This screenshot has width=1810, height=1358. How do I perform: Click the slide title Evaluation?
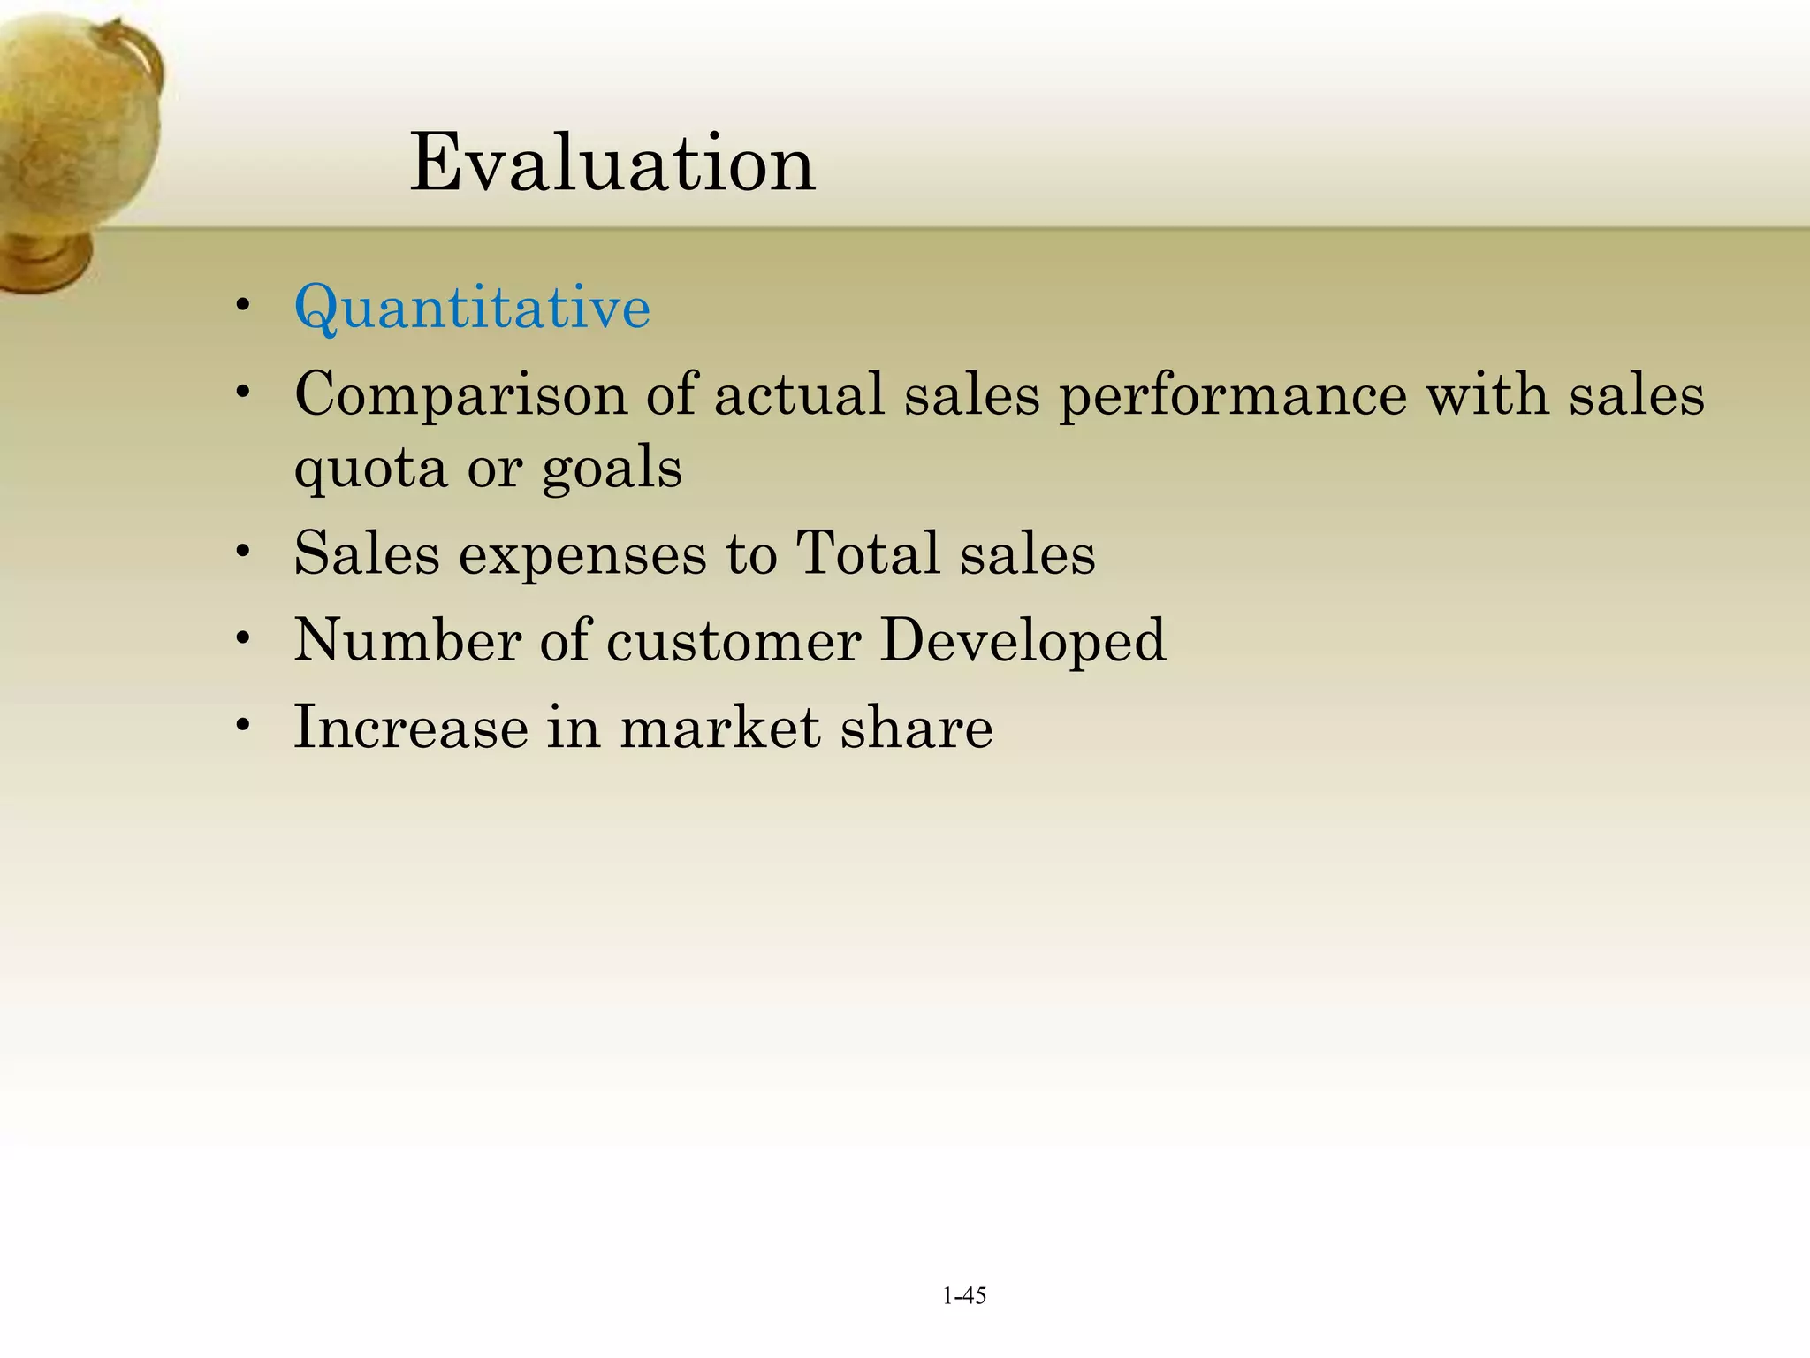612,163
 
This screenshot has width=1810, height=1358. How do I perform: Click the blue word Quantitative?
472,308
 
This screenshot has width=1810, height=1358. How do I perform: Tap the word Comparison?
460,394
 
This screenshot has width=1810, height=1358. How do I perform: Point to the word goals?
612,469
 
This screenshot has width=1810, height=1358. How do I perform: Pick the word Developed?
1023,642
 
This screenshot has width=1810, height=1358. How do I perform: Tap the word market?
719,727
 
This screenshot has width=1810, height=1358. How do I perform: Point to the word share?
916,727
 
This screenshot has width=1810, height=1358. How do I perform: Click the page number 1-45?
964,1296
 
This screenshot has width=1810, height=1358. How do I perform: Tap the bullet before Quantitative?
243,306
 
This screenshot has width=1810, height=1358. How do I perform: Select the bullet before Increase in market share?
243,725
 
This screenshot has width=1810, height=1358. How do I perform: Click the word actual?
799,394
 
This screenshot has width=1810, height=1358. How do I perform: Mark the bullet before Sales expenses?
243,552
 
